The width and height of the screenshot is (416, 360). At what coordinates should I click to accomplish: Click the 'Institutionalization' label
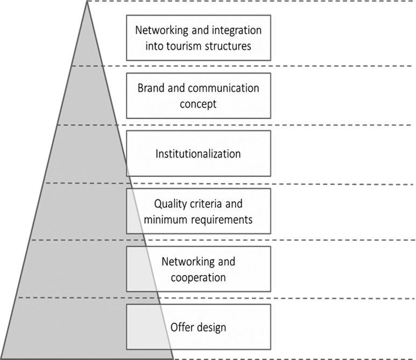[x=198, y=153]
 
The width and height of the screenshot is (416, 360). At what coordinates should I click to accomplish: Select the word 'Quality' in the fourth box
[x=171, y=204]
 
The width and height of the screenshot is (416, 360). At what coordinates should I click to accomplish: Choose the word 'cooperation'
[x=198, y=278]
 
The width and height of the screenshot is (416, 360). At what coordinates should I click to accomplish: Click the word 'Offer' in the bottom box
[x=182, y=327]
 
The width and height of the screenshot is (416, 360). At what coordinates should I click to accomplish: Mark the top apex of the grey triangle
[x=86, y=2]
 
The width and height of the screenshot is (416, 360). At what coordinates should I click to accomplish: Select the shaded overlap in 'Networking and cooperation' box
[x=139, y=269]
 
